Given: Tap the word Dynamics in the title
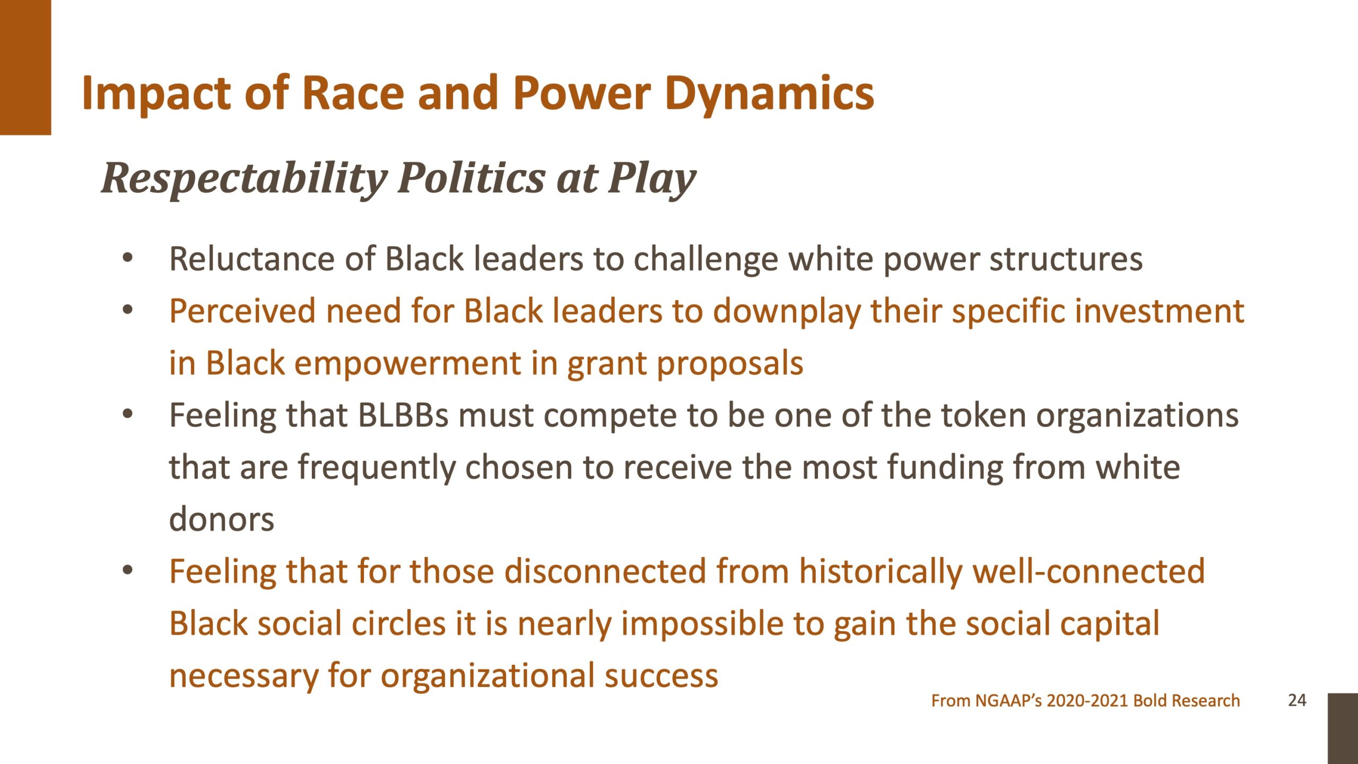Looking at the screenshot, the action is (x=769, y=94).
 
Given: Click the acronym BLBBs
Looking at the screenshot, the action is (x=404, y=415).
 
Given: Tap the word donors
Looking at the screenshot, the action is (x=222, y=519).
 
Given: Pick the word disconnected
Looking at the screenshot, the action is (x=605, y=571).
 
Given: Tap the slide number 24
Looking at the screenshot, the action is (x=1297, y=700).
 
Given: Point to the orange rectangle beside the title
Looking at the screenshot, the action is (x=25, y=67).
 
